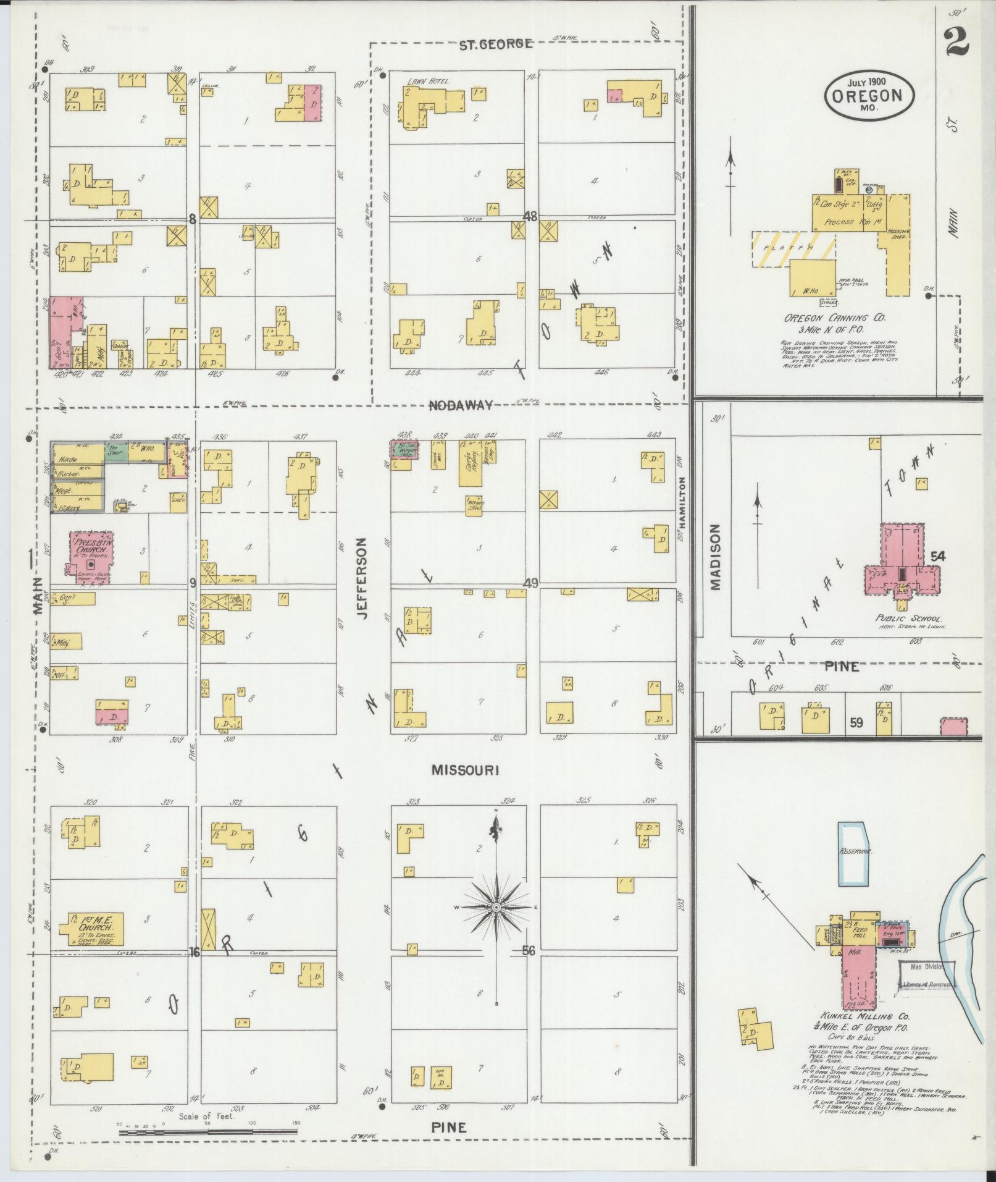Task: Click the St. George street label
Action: tap(496, 44)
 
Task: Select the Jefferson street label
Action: tap(362, 578)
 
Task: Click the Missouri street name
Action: tap(465, 770)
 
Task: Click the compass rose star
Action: tap(495, 906)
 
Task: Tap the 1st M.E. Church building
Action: tap(91, 928)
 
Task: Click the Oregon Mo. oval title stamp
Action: tap(869, 96)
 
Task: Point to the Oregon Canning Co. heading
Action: tap(834, 318)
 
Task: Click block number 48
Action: tap(530, 217)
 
